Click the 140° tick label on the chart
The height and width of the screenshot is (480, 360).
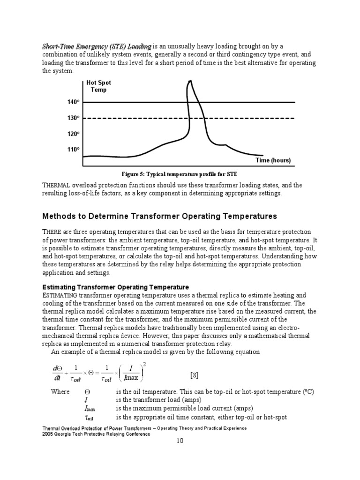pyautogui.click(x=73, y=102)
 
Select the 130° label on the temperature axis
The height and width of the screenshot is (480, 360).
pyautogui.click(x=73, y=118)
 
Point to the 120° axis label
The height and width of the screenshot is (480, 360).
pyautogui.click(x=73, y=134)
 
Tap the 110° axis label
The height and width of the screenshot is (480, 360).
pyautogui.click(x=73, y=150)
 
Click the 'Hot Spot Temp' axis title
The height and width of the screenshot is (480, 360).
pyautogui.click(x=98, y=86)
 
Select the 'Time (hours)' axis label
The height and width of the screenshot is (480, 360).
pyautogui.click(x=273, y=160)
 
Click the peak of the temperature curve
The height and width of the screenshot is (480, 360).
pyautogui.click(x=190, y=82)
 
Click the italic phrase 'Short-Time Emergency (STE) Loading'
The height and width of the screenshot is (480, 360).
pyautogui.click(x=97, y=46)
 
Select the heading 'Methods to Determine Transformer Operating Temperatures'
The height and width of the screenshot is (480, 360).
pyautogui.click(x=160, y=216)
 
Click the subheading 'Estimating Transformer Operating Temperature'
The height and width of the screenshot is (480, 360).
pyautogui.click(x=116, y=287)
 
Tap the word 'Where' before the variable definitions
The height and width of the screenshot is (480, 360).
pyautogui.click(x=60, y=391)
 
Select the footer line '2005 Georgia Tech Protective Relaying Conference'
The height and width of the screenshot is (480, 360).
pyautogui.click(x=97, y=434)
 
